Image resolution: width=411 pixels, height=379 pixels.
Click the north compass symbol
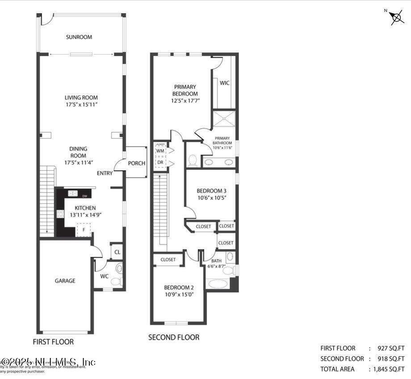tap(396, 17)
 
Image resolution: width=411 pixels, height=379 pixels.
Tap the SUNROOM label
tap(79, 37)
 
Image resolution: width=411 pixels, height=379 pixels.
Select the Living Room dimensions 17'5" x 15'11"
tap(81, 104)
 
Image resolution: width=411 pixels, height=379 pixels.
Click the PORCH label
tap(137, 163)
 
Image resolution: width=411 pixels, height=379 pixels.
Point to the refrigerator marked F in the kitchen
tap(81, 230)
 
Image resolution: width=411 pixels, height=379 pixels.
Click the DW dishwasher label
tap(85, 196)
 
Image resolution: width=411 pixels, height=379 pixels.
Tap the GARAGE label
tap(65, 281)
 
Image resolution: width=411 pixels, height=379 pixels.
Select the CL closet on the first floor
tap(117, 252)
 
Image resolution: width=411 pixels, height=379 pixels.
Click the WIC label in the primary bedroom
tap(225, 83)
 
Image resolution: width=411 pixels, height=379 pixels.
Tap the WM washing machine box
tap(159, 151)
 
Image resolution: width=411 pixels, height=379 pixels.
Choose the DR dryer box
tap(159, 162)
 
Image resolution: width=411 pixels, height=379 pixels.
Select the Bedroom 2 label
tap(179, 287)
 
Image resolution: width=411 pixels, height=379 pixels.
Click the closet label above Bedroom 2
tap(168, 259)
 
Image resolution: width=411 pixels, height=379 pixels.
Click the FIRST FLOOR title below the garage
tap(53, 342)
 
